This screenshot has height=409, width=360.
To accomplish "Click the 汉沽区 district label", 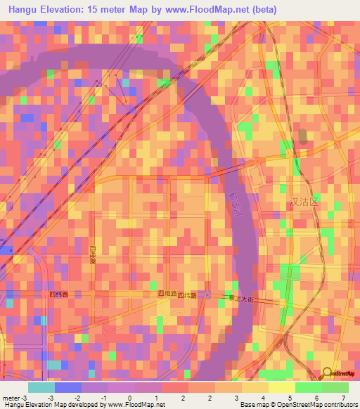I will click(x=304, y=202).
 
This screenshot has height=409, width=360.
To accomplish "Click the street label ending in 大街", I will click(x=241, y=299).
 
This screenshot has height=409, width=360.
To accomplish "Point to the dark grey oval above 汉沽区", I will click(x=302, y=137).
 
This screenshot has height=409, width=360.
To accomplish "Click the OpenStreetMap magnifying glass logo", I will click(x=327, y=373).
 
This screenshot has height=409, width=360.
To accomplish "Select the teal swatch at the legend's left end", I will click(x=41, y=387).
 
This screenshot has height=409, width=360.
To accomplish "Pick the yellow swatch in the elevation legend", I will click(x=281, y=387).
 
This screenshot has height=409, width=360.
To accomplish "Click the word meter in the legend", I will click(x=13, y=398).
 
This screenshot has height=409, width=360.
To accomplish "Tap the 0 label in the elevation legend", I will click(x=129, y=398).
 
